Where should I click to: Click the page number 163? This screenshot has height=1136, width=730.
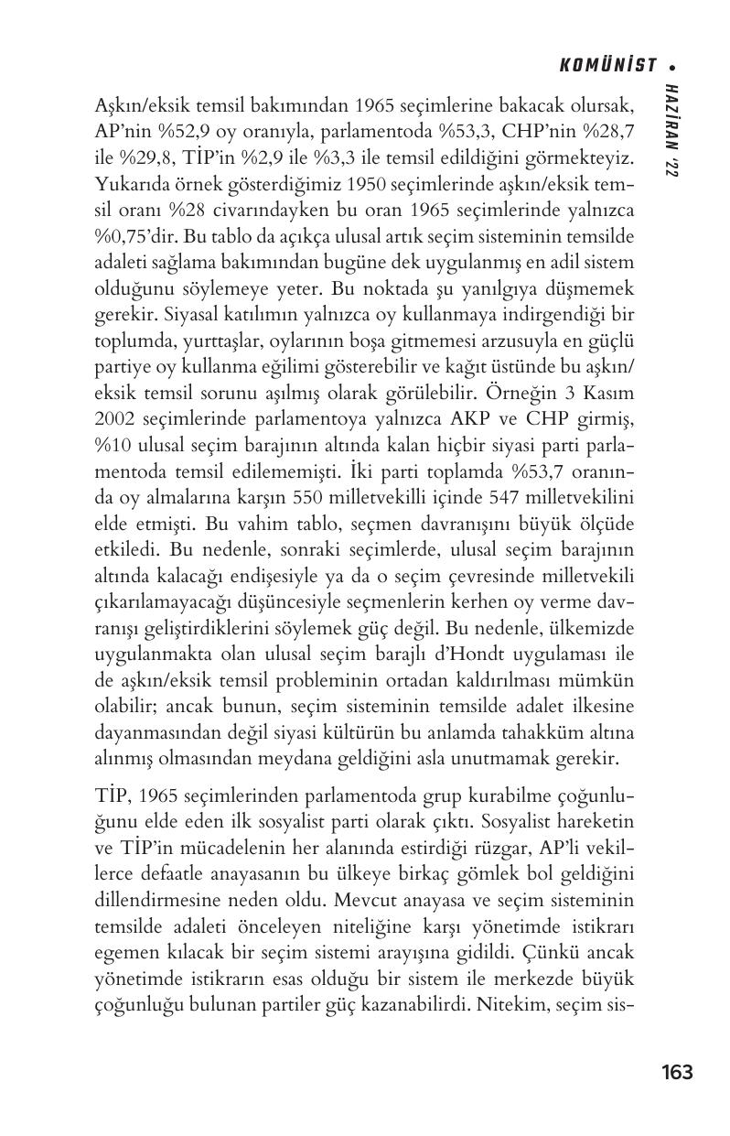(x=676, y=1072)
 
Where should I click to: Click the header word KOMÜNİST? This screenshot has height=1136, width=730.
(x=608, y=65)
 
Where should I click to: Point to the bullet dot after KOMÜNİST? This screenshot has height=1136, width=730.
(x=672, y=66)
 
